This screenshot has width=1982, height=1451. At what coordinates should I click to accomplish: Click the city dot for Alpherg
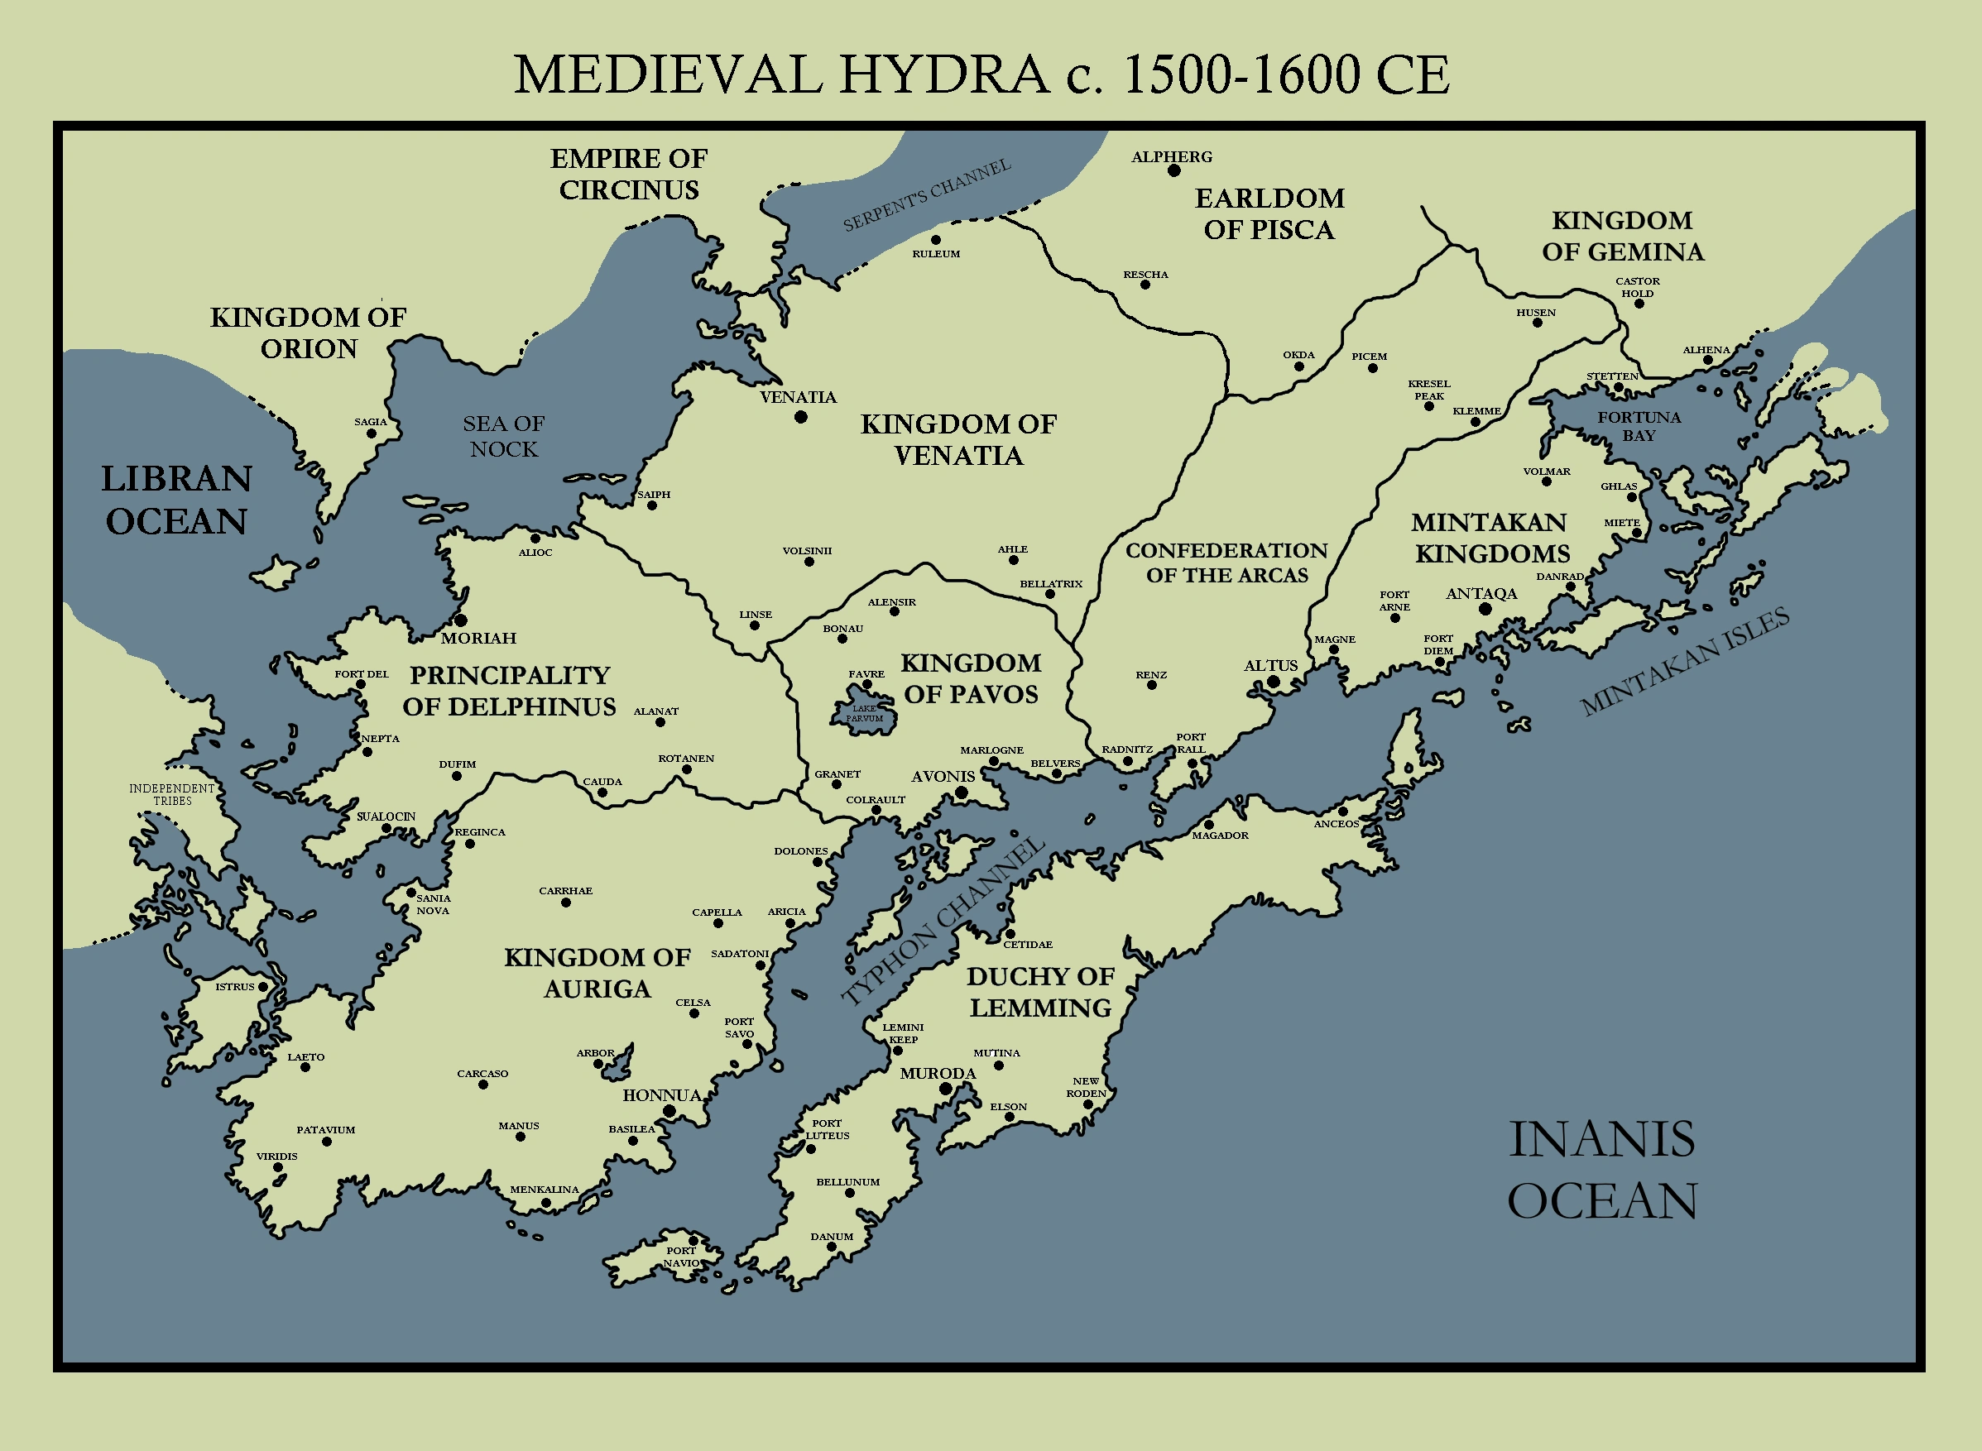[1173, 170]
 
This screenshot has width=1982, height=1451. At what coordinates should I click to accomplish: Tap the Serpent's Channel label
[927, 195]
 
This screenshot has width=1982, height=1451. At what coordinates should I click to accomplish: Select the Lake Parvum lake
[865, 713]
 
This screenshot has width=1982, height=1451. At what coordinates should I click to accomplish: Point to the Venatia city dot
[800, 417]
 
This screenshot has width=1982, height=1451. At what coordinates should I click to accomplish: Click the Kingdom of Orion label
[309, 333]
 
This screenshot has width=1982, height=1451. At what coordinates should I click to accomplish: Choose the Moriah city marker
[459, 621]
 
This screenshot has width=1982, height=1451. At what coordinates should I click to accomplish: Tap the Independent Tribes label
[172, 794]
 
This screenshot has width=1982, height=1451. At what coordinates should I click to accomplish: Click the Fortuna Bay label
[1639, 426]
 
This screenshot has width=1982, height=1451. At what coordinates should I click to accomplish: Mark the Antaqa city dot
[1485, 609]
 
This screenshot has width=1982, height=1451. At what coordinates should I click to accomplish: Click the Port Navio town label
[681, 1257]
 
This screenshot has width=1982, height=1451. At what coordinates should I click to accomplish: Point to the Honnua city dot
[669, 1111]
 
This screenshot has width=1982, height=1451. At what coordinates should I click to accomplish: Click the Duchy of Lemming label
[1040, 992]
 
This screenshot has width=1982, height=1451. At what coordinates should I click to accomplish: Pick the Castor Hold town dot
[1639, 304]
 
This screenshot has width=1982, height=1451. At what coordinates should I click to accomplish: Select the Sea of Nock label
[503, 437]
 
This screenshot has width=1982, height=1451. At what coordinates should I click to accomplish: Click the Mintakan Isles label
[1684, 661]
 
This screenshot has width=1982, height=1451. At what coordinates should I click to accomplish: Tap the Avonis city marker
[961, 793]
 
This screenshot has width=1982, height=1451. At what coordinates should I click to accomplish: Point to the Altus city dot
[1273, 682]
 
